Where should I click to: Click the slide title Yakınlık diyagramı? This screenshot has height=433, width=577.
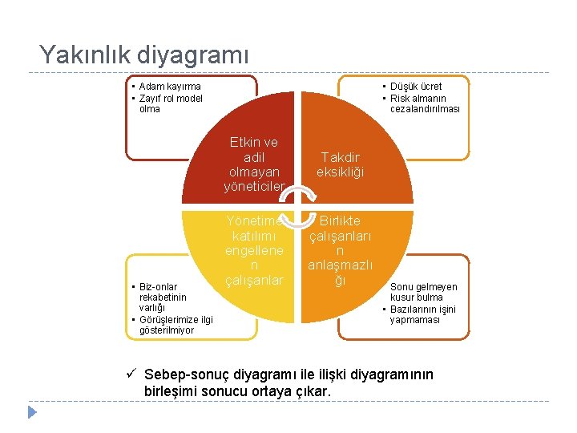144,55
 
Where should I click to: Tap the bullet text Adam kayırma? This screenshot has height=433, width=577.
170,87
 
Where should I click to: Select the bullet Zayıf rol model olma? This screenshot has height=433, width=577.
170,103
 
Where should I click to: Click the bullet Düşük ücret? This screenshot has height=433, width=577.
416,87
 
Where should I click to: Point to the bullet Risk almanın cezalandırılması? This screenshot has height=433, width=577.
424,103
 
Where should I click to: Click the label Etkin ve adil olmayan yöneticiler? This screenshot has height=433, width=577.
254,164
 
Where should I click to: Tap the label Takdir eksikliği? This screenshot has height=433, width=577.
340,165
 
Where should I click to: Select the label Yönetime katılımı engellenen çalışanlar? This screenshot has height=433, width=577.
254,250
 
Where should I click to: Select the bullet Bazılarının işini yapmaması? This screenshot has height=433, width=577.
422,314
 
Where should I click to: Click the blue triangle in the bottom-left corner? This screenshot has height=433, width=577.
32,413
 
